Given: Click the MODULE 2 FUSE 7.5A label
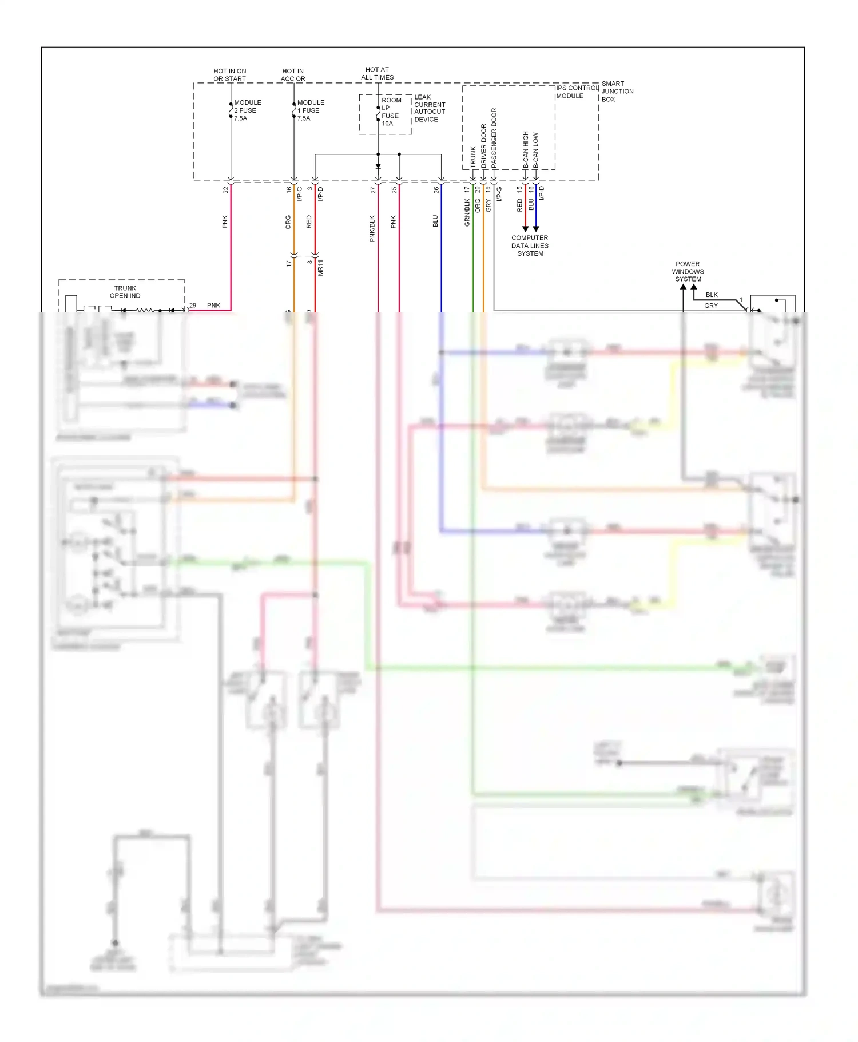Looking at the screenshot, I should coord(247,110).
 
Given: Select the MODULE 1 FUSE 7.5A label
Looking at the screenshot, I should coord(310,110).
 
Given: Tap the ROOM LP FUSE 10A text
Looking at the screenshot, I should coord(391,112).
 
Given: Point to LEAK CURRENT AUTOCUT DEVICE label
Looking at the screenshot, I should coord(429,108).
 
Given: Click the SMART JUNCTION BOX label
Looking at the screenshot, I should coord(617,91).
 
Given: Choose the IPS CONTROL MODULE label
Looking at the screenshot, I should coord(576,92).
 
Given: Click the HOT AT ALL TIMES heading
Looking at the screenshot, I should coord(377,73).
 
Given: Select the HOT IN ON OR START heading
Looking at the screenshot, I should coord(229,75).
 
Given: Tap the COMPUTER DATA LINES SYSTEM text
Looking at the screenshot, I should coord(530,245).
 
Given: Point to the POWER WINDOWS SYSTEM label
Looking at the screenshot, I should coord(688,271).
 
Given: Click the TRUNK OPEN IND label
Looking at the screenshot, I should coord(125,292).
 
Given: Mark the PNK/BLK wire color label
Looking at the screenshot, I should coord(372,228).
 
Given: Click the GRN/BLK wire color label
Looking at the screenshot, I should coord(467,212).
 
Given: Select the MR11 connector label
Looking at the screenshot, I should coord(320,267).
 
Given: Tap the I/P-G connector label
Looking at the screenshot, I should coord(499,193).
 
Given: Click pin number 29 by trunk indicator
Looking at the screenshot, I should coord(193,305).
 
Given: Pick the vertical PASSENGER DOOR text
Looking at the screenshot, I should coord(494,138).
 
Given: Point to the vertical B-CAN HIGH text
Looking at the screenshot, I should coord(526,149).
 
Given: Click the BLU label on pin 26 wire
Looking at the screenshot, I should coord(435,221).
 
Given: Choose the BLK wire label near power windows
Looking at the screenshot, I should coord(711,295).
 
